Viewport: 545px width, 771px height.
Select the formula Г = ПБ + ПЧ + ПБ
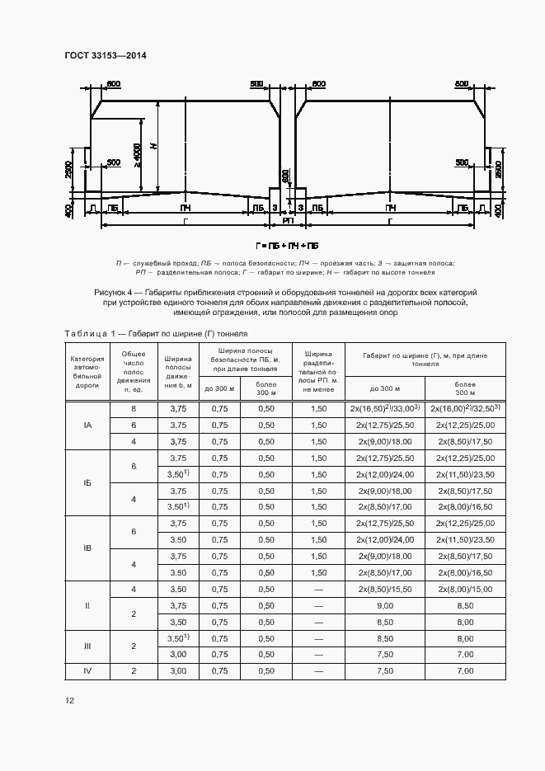point(287,246)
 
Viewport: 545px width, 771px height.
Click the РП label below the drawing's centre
point(288,221)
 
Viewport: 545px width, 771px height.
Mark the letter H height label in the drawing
point(153,147)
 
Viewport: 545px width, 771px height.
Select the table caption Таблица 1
point(92,333)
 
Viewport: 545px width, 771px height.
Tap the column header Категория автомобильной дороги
point(87,372)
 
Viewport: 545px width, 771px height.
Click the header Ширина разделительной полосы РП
point(318,372)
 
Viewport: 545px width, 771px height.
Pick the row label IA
point(87,425)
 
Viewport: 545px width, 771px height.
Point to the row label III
point(87,646)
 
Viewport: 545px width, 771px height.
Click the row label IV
point(87,671)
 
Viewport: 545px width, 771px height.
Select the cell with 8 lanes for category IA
point(134,409)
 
